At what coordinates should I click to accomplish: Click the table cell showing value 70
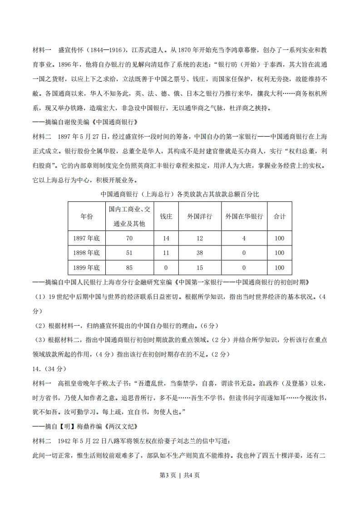tap(129, 238)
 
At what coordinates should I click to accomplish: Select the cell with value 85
tap(129, 268)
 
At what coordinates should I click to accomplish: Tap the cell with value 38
tap(199, 253)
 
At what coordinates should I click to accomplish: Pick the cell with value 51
tap(129, 253)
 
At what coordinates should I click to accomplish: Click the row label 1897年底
tap(86, 238)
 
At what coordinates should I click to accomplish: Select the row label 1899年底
tap(86, 268)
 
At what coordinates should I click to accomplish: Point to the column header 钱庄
tap(166, 216)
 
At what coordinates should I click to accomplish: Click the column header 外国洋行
tap(199, 216)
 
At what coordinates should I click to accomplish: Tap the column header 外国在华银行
tap(244, 216)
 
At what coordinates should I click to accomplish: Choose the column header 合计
tap(279, 216)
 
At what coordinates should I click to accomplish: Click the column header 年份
tap(86, 216)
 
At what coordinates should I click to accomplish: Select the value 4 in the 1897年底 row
tap(244, 238)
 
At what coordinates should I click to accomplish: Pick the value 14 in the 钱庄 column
tap(166, 238)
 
